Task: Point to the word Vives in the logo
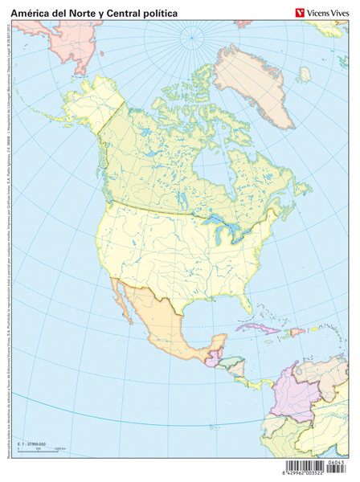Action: [341, 10]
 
